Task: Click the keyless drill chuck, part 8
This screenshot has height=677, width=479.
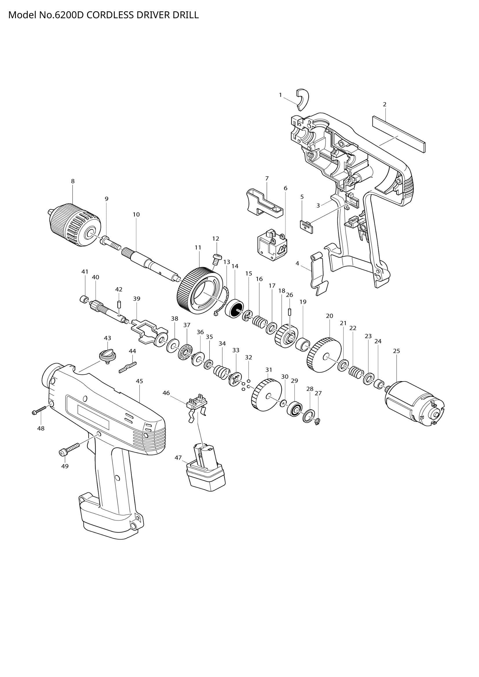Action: click(75, 225)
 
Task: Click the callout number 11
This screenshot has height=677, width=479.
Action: click(198, 248)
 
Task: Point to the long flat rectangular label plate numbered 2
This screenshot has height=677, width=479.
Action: click(399, 134)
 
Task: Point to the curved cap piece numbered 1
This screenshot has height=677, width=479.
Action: click(302, 99)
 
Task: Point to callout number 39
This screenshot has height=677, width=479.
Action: click(137, 299)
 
